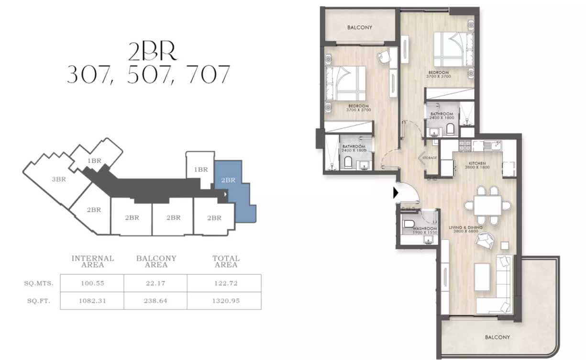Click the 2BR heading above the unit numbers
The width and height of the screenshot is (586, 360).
pos(153,51)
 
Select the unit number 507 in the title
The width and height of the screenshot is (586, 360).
pos(148,75)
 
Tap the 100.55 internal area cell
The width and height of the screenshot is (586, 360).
pos(92,283)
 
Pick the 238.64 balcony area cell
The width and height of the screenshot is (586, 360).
pos(155,301)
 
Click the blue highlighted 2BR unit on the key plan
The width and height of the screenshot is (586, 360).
pos(234,191)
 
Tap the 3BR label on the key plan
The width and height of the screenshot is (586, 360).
pos(59,180)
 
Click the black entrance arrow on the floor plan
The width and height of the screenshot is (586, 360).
pos(396,193)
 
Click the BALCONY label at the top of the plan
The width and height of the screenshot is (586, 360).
pos(360,28)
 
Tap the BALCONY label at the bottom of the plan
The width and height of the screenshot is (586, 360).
pos(497,337)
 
